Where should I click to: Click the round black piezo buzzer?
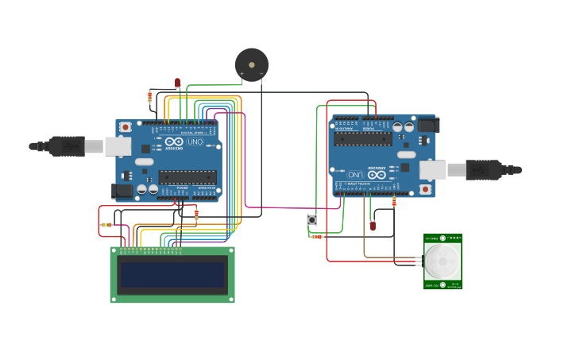coord(251,64)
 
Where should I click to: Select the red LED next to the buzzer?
coord(178,83)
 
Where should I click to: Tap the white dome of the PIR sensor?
coord(442,261)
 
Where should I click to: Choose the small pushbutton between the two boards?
coord(312,219)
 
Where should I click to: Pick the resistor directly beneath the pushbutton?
coord(317,236)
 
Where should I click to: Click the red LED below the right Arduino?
coord(373,226)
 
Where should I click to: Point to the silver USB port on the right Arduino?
coord(432,169)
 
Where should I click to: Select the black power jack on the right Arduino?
coord(427,125)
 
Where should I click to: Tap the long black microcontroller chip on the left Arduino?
coord(187,177)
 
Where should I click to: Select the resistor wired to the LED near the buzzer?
coord(149,97)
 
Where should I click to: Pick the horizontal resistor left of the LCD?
coord(106,225)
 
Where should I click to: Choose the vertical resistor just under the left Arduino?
coord(196,214)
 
